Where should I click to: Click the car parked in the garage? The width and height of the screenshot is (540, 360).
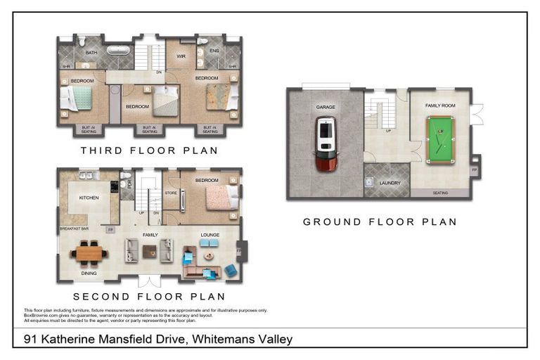pos(325,145)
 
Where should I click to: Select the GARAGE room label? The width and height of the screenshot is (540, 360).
pos(325,107)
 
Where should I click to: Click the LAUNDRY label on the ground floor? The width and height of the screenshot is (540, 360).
pos(390,184)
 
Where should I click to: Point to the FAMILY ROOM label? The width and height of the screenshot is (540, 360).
pos(440,105)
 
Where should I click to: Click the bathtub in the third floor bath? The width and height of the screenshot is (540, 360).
pos(117,51)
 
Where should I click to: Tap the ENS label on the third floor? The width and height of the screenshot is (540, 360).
pos(214,51)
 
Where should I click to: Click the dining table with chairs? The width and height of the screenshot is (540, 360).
pos(89,252)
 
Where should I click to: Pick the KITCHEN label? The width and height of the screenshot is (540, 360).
pos(89,198)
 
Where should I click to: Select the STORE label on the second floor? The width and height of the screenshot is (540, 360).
pos(171,192)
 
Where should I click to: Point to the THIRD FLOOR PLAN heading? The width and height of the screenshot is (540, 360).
pos(149,150)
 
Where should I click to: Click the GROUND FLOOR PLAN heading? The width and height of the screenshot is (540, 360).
pos(380,221)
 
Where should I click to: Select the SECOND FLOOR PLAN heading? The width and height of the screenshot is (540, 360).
pos(149,297)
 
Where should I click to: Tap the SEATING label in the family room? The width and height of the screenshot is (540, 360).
pos(440,193)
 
